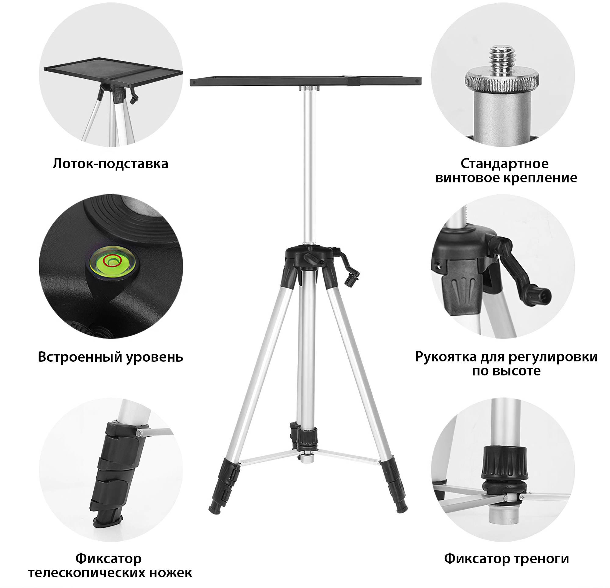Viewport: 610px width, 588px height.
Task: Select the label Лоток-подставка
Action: (x=110, y=164)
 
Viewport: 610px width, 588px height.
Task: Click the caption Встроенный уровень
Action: (x=110, y=357)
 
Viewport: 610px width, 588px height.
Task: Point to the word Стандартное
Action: (x=504, y=163)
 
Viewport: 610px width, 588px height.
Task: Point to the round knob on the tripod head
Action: (x=310, y=258)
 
